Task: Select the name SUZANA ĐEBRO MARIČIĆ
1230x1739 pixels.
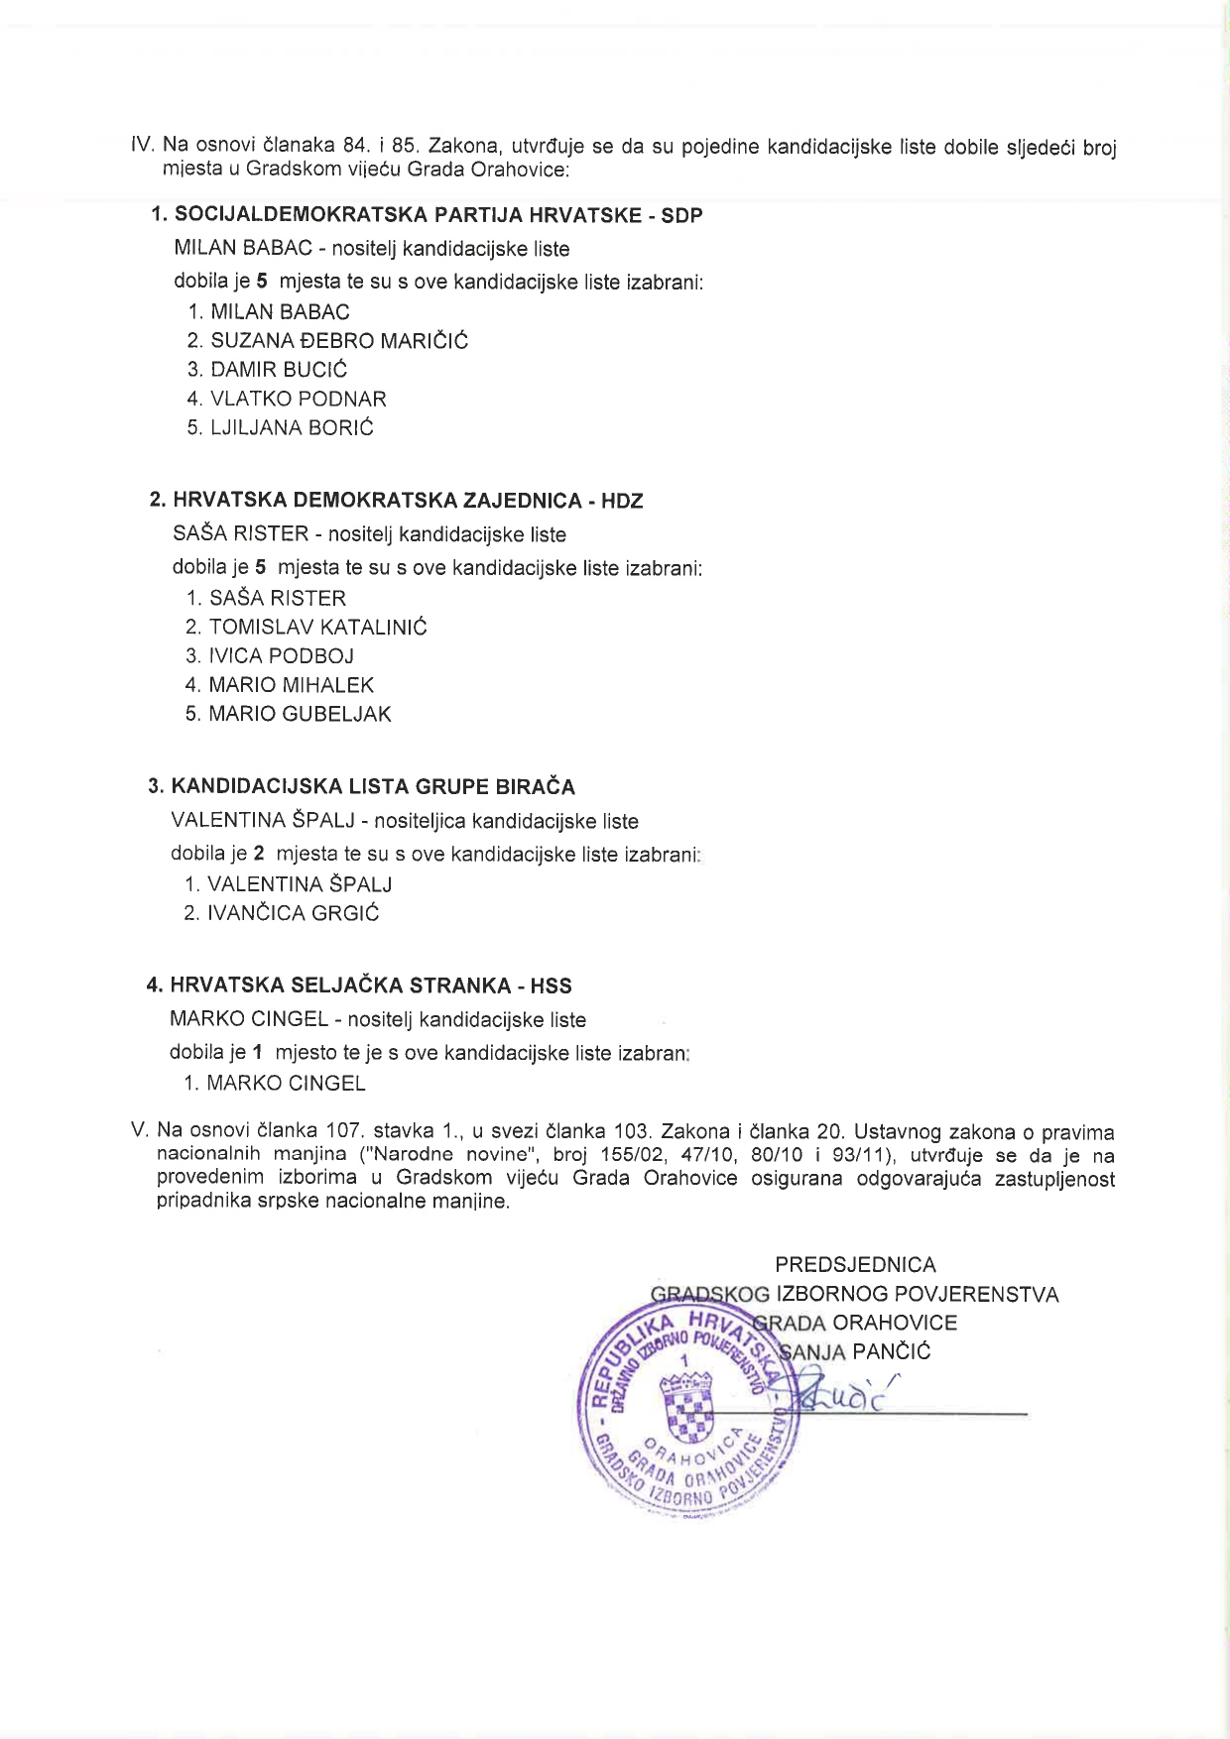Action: [x=338, y=341]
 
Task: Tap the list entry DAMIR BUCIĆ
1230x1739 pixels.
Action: [x=279, y=370]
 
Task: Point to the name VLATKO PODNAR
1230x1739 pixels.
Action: [x=298, y=399]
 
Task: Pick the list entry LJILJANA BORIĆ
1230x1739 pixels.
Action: [x=292, y=427]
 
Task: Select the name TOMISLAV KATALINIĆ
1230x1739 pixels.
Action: [x=317, y=627]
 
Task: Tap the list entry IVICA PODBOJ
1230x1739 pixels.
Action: [x=281, y=655]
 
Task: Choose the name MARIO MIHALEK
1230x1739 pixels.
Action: [x=291, y=685]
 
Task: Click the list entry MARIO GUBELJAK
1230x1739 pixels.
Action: [x=300, y=714]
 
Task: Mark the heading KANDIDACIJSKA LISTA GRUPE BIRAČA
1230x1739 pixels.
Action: [x=372, y=787]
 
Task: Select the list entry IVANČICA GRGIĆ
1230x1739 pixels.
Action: [x=293, y=913]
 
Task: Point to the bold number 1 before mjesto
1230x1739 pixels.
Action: [x=258, y=1053]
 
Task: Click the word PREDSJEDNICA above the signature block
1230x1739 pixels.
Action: [x=855, y=1265]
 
